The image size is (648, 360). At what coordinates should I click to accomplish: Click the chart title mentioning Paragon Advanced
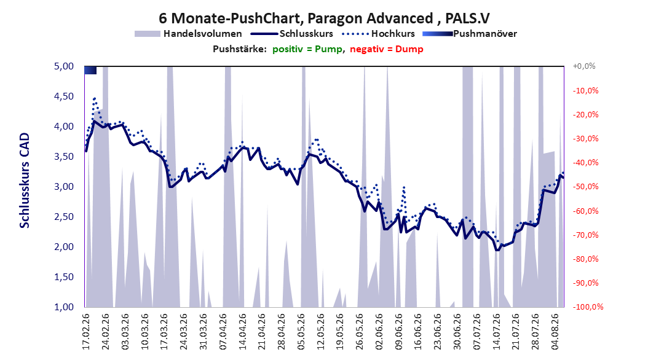pos(324,18)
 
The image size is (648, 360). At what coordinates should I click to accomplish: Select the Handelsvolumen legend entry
pos(189,34)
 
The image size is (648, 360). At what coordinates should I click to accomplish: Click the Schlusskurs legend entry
pos(292,34)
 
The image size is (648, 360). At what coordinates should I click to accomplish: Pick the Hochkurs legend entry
pos(377,34)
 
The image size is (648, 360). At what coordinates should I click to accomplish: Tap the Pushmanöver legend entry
pos(470,34)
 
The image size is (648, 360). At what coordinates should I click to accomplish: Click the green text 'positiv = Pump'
pos(307,49)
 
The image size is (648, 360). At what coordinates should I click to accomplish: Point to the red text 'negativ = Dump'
pos(387,49)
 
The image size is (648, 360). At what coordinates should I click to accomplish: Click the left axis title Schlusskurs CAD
pos(25,181)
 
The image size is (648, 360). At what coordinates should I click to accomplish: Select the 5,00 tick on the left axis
pos(64,66)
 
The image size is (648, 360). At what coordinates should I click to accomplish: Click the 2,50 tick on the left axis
pos(64,217)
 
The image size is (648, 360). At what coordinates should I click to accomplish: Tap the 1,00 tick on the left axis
pos(64,307)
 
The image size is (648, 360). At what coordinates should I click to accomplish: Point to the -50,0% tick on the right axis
pos(585,187)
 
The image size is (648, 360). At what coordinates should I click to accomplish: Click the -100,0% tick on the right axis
pos(588,307)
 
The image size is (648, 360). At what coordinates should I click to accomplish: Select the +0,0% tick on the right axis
pos(584,66)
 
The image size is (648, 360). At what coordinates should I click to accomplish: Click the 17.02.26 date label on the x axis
pos(86,332)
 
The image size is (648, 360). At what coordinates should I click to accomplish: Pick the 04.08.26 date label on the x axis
pos(555,332)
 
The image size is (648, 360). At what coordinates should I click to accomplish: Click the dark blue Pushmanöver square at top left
pos(90,70)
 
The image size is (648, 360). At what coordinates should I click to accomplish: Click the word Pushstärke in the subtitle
pos(240,49)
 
